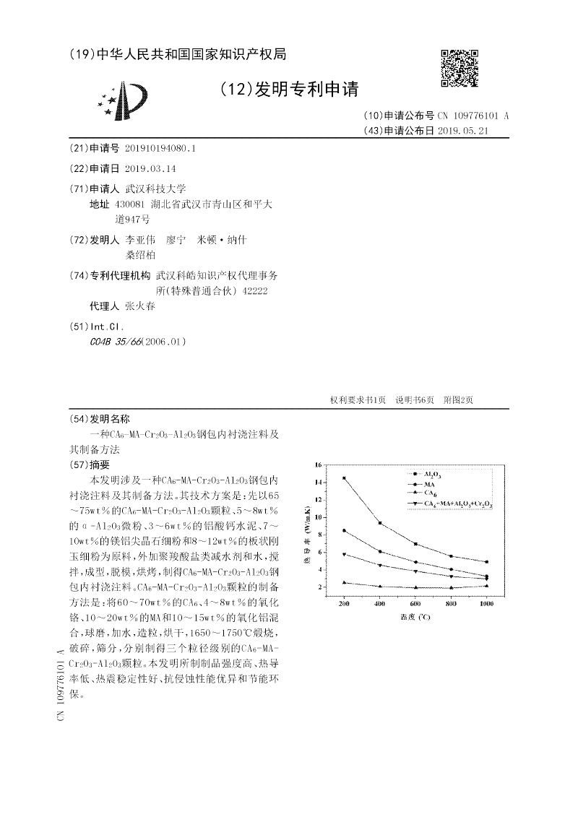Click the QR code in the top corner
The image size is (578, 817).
(459, 69)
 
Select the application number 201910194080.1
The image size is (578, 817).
(160, 147)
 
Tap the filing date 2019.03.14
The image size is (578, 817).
(150, 168)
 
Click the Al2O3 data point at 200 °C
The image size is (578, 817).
(344, 478)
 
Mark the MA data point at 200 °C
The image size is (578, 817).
(344, 530)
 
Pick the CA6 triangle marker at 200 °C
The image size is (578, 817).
(344, 582)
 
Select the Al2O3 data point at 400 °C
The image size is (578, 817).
(380, 523)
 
